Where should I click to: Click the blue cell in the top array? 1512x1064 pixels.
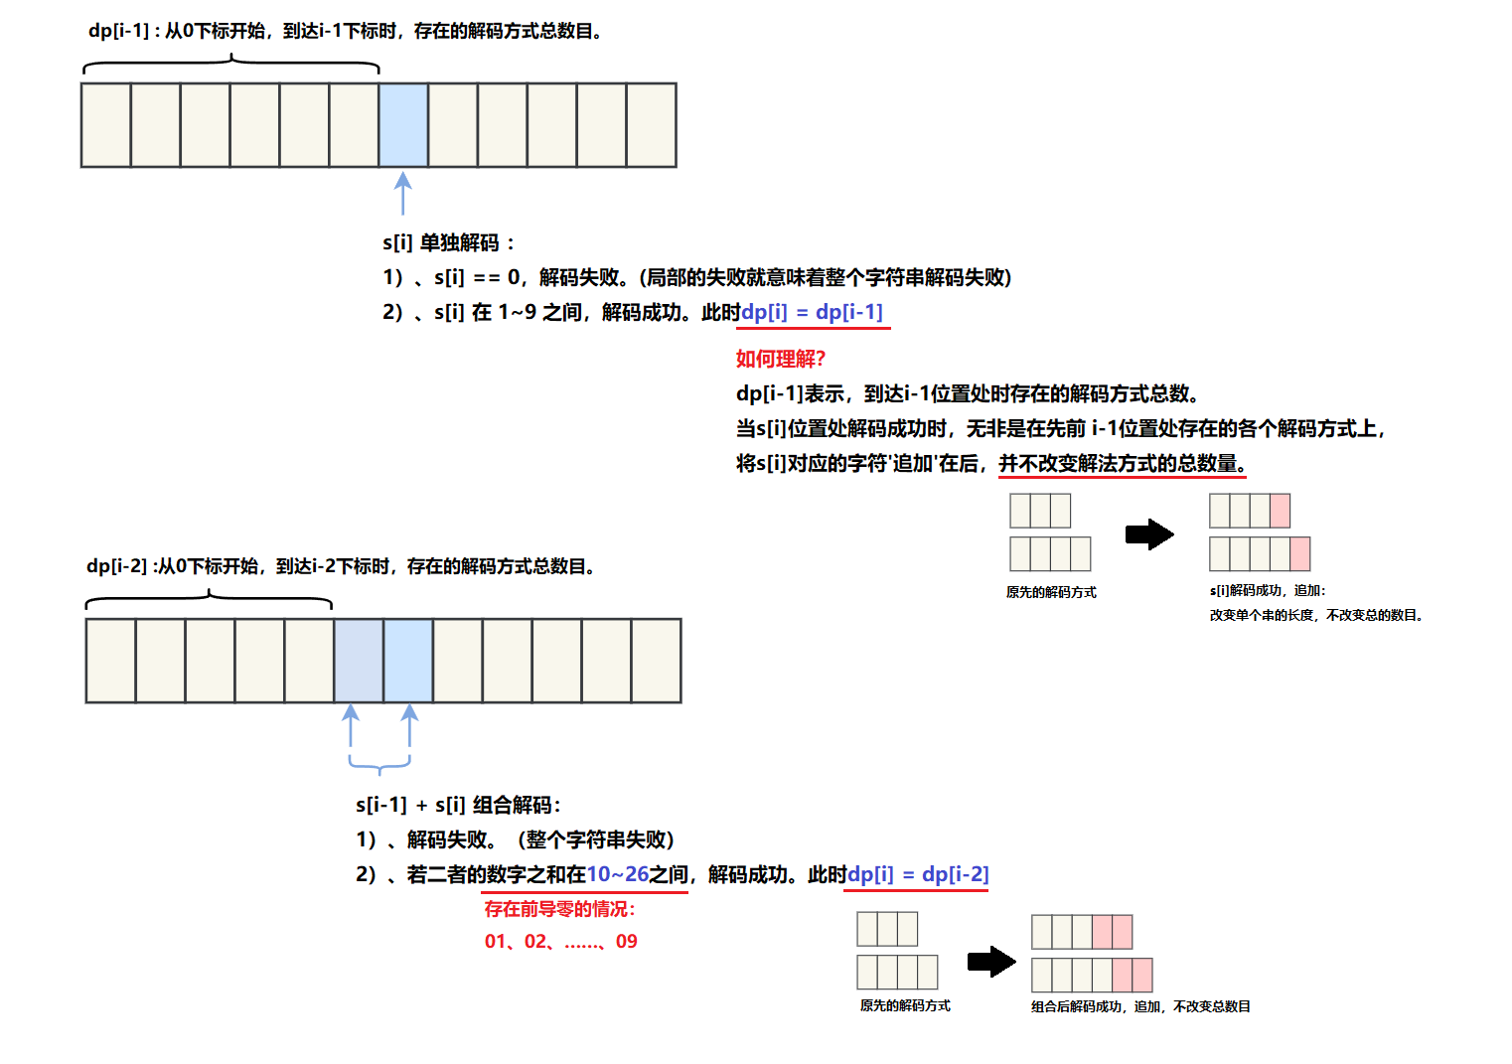(x=403, y=125)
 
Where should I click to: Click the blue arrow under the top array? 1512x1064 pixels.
(x=402, y=194)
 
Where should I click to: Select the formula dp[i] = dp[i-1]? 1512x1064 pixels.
(x=812, y=312)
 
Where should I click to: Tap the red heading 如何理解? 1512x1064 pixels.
(x=780, y=359)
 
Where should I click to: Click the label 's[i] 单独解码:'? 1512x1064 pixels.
(x=448, y=242)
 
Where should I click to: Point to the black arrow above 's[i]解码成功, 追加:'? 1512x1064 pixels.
(x=1149, y=534)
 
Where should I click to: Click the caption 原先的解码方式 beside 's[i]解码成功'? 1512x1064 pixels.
(x=1051, y=592)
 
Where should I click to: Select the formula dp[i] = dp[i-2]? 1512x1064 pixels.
(x=918, y=874)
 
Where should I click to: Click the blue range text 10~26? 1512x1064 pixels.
(x=617, y=874)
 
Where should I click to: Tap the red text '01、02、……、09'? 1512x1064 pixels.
(x=560, y=941)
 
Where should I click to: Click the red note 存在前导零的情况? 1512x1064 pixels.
(x=559, y=909)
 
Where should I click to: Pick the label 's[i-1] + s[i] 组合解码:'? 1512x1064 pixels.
(x=458, y=805)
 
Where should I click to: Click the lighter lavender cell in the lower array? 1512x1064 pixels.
(x=359, y=661)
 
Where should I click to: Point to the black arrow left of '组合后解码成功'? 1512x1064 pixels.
(x=991, y=961)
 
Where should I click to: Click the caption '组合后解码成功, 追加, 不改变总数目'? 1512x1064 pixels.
(x=1140, y=1006)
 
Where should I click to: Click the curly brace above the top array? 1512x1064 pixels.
(x=231, y=66)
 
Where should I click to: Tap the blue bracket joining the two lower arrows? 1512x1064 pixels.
(x=379, y=764)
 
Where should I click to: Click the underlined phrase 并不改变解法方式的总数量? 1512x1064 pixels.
(x=1122, y=463)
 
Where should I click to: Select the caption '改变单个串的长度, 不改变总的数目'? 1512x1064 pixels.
(x=1316, y=615)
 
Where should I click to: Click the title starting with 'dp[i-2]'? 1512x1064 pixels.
(x=341, y=566)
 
